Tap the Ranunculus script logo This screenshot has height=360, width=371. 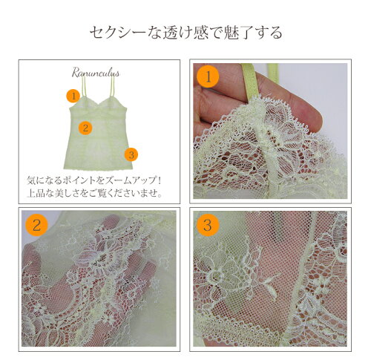96,73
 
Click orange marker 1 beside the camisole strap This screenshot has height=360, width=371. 73,96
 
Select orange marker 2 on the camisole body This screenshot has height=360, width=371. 85,128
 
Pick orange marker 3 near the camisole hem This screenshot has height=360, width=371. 131,154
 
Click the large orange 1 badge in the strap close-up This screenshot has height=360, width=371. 208,76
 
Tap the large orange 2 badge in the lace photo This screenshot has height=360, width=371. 36,225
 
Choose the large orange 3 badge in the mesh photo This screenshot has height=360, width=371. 208,225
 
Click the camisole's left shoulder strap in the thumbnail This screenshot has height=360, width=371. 84,87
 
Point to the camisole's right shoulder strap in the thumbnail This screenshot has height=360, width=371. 113,86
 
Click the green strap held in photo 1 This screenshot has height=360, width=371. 250,82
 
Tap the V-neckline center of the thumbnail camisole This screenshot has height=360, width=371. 99,106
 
